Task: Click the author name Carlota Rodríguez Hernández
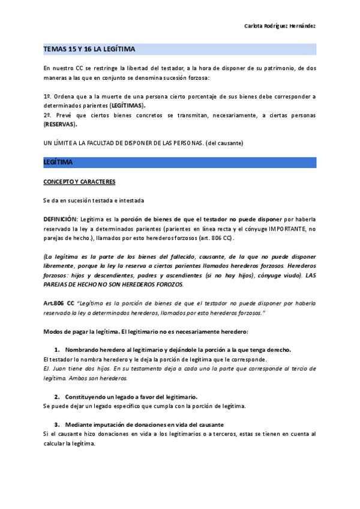pyautogui.click(x=281, y=26)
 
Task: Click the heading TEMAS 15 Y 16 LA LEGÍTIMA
pyautogui.click(x=89, y=49)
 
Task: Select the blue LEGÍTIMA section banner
pyautogui.click(x=58, y=162)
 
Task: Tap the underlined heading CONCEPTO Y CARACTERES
pyautogui.click(x=79, y=181)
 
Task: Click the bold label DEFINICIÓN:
pyautogui.click(x=61, y=219)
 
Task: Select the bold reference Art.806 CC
pyautogui.click(x=58, y=304)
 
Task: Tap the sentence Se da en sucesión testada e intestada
pyautogui.click(x=94, y=200)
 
